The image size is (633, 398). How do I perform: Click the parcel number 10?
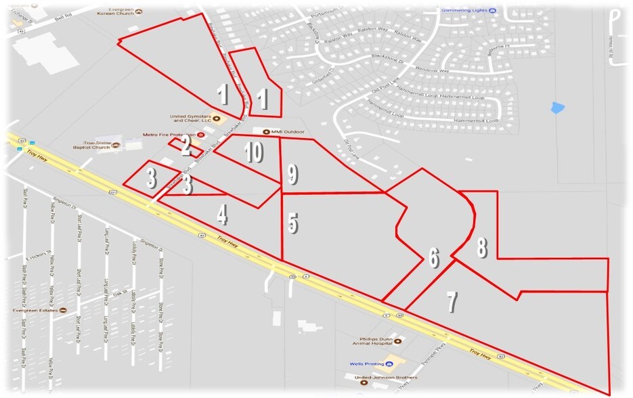pyautogui.click(x=253, y=154)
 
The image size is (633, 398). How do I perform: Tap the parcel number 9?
pyautogui.click(x=292, y=174)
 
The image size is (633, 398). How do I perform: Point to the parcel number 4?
pyautogui.click(x=221, y=215)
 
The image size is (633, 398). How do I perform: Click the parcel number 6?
pyautogui.click(x=433, y=257)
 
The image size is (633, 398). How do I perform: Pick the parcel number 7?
pyautogui.click(x=452, y=302)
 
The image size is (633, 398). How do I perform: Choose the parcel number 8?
pyautogui.click(x=481, y=248)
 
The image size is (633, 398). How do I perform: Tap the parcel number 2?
pyautogui.click(x=186, y=148)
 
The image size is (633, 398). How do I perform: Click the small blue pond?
pyautogui.click(x=556, y=107)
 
